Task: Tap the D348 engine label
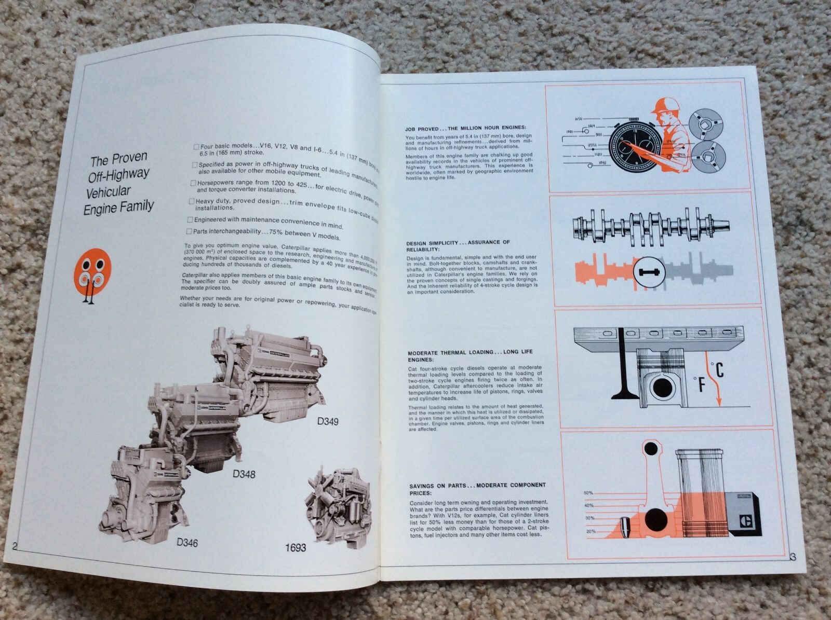(244, 474)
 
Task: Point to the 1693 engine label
(296, 547)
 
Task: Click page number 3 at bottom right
(793, 557)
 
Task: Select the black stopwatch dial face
(633, 150)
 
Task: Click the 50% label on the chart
(588, 492)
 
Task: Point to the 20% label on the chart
(590, 531)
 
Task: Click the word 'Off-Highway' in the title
(118, 173)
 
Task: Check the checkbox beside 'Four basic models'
(196, 147)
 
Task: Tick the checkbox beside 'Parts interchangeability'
(190, 231)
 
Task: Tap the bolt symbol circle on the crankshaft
(649, 272)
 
